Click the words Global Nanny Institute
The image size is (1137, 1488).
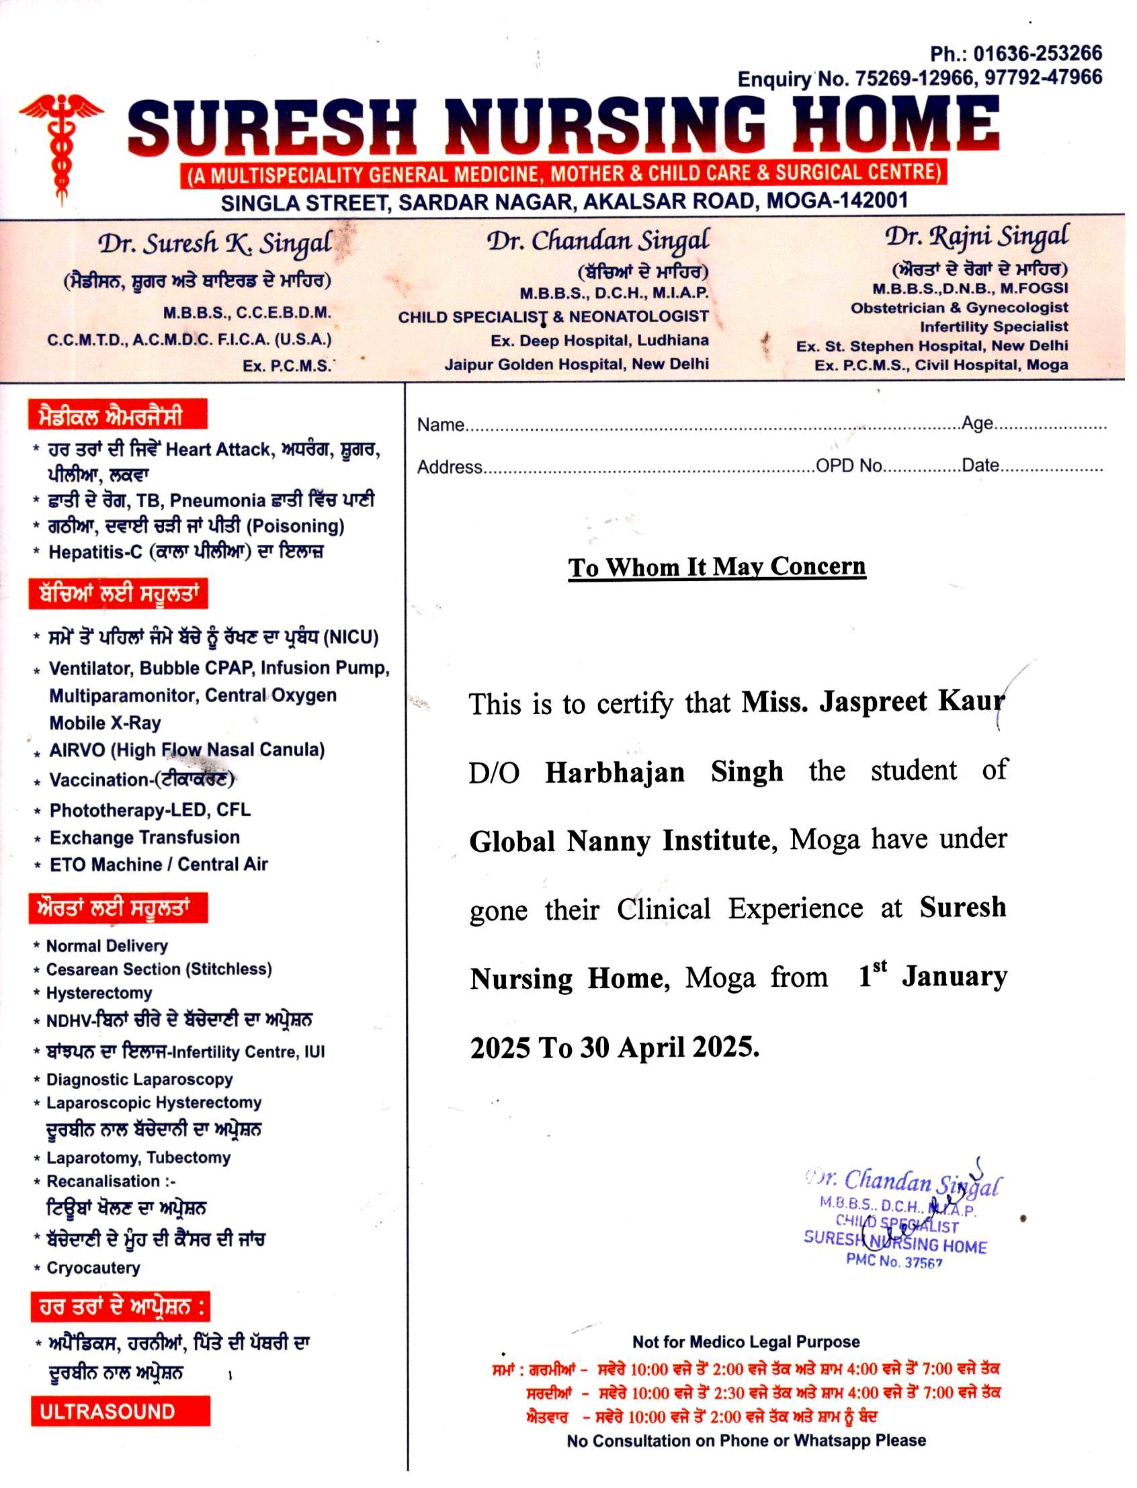620,841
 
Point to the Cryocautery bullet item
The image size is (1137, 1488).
93,1268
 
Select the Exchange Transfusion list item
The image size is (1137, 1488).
144,837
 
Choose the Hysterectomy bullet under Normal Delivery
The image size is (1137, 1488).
99,993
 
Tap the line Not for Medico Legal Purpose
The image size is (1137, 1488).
745,1341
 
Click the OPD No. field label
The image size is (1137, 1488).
849,466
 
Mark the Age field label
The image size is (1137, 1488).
976,424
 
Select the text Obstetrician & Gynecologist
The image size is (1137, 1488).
959,308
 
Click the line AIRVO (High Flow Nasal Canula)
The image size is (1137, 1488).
187,750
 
